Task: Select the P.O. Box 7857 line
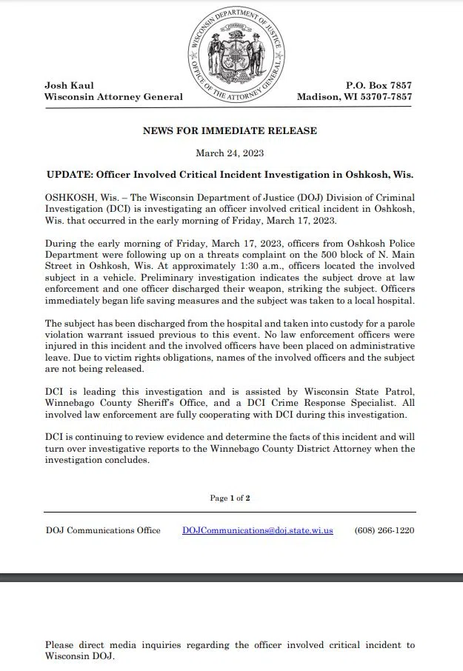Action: click(x=379, y=86)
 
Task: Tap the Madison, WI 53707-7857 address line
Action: click(x=355, y=97)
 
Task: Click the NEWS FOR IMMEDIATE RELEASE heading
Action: click(x=230, y=131)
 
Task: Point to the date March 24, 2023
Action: click(x=230, y=153)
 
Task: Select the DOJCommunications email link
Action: click(x=257, y=530)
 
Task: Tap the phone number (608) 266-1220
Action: click(x=384, y=530)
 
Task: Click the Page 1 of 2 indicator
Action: click(x=230, y=498)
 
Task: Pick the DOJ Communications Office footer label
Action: click(x=102, y=530)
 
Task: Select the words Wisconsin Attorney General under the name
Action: click(x=113, y=97)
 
